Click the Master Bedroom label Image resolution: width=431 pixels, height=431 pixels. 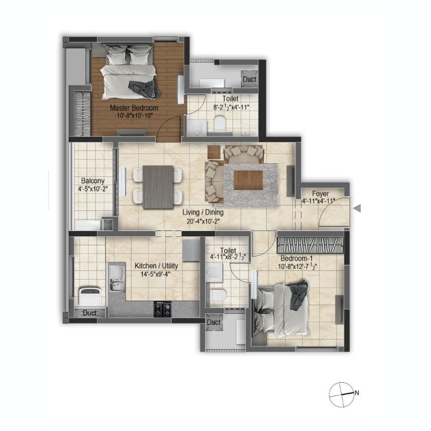point(134,108)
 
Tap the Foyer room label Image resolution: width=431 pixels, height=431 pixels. point(320,194)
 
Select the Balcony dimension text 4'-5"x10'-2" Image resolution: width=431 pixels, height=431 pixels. point(93,189)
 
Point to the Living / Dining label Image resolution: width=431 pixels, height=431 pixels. point(203,212)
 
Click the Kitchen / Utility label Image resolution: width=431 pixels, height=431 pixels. point(156,266)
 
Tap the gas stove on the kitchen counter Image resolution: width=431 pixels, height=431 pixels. point(163,309)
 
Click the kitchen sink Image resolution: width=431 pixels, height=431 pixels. point(117,278)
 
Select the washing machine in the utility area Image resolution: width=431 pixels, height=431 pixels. point(89,296)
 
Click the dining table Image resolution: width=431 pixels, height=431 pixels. point(158,187)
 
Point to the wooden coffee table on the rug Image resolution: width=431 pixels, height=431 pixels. point(248,180)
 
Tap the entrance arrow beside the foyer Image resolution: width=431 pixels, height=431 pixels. point(357,209)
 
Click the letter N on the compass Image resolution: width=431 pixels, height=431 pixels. point(356,393)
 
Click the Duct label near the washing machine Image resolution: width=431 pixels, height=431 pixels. point(89,313)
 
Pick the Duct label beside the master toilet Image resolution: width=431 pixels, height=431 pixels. point(249,79)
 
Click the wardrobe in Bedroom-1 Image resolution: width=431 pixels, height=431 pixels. point(310,245)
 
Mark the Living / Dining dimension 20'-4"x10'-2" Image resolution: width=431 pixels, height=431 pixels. point(203,221)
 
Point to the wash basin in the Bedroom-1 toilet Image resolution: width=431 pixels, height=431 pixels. point(214,272)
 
